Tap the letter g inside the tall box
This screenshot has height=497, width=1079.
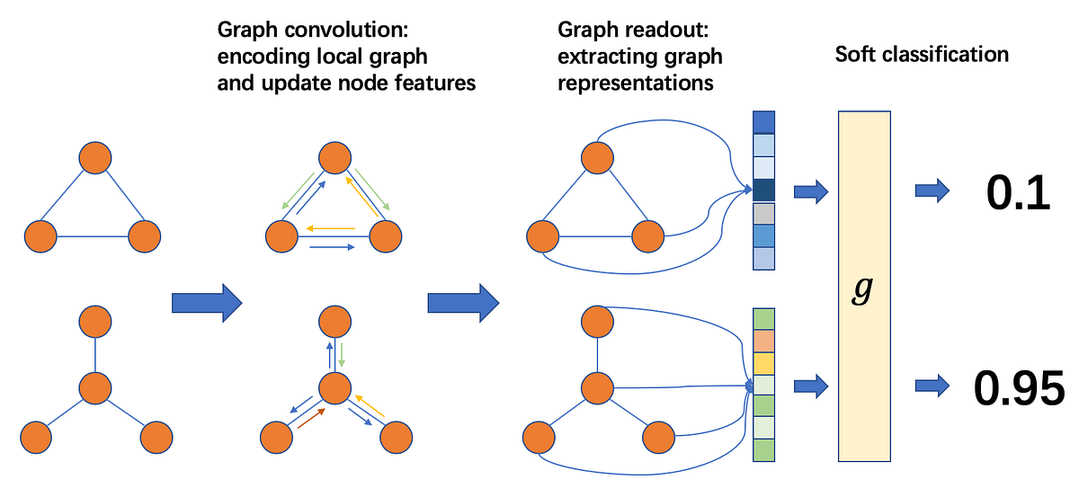[x=864, y=293]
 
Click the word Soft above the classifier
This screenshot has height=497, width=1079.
[x=857, y=54]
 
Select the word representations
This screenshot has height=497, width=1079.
[x=636, y=83]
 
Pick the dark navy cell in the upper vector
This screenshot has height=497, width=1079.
[x=762, y=191]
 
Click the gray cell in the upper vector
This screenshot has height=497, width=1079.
[x=762, y=214]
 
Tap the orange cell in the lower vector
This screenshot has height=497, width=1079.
[x=762, y=342]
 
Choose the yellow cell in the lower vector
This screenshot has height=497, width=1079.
[x=762, y=364]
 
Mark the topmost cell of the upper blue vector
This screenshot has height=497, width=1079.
[x=762, y=121]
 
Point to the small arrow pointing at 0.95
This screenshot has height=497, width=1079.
[x=932, y=386]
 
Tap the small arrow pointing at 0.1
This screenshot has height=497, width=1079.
[x=932, y=190]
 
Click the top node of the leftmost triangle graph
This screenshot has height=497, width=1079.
[x=94, y=158]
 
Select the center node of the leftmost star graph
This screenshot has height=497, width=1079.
[x=94, y=389]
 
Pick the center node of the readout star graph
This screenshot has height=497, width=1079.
[x=597, y=389]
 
